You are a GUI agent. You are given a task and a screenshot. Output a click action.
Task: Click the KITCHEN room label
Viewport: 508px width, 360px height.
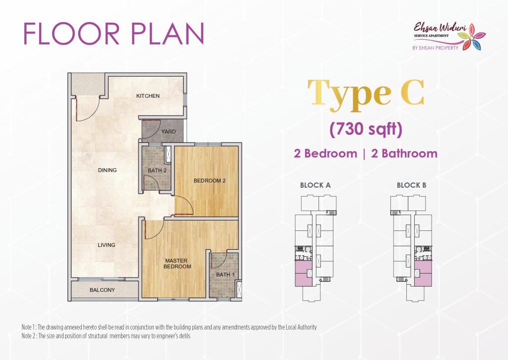(148, 96)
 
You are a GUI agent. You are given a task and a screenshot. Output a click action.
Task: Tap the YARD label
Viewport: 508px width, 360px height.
(169, 132)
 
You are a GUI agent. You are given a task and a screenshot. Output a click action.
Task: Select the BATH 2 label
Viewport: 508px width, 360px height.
(157, 171)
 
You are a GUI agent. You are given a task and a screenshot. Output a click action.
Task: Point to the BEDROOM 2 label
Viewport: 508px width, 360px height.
(209, 181)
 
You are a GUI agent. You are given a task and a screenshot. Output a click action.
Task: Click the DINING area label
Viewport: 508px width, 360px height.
(107, 170)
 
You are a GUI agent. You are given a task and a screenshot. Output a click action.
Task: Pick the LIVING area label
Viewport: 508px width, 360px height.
(107, 245)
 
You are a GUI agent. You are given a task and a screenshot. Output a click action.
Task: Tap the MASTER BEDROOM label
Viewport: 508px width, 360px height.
(177, 263)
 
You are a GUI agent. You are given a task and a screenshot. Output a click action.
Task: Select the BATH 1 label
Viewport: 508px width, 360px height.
(225, 275)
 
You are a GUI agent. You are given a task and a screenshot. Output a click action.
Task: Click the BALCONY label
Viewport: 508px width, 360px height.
(102, 290)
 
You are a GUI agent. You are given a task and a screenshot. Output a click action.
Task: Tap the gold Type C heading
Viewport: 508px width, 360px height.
(366, 93)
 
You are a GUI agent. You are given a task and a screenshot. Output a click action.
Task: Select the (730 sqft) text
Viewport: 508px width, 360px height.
(366, 130)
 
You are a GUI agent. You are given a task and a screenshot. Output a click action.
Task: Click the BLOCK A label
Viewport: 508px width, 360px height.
(315, 185)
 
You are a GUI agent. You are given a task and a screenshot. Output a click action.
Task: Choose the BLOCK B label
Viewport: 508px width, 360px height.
(411, 185)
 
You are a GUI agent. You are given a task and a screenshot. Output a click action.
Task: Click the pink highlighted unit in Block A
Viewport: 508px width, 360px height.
(304, 274)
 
